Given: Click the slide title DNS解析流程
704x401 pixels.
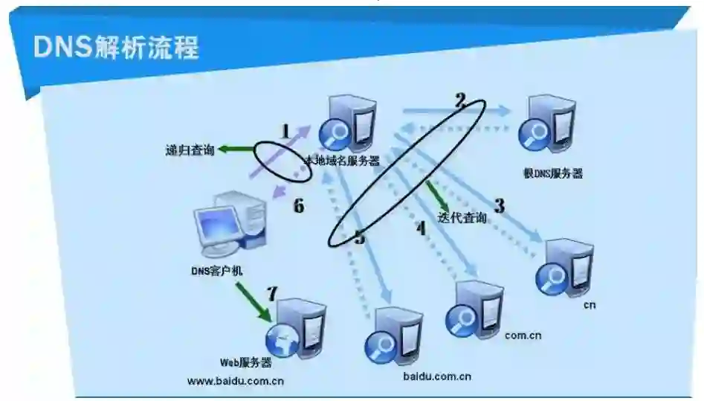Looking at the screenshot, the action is coord(116,48).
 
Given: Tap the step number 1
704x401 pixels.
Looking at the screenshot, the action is coord(285,131).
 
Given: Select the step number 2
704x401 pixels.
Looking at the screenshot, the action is coord(460,100).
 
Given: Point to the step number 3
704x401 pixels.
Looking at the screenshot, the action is coord(500,205).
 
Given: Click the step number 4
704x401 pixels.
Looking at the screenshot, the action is coord(421,228).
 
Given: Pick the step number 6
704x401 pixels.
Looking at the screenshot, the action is coord(299,206).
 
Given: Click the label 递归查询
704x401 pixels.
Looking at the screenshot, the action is coord(190,150).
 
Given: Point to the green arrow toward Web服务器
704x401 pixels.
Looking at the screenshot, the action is coord(253,301).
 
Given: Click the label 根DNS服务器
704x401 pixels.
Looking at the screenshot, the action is coord(553,173).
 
